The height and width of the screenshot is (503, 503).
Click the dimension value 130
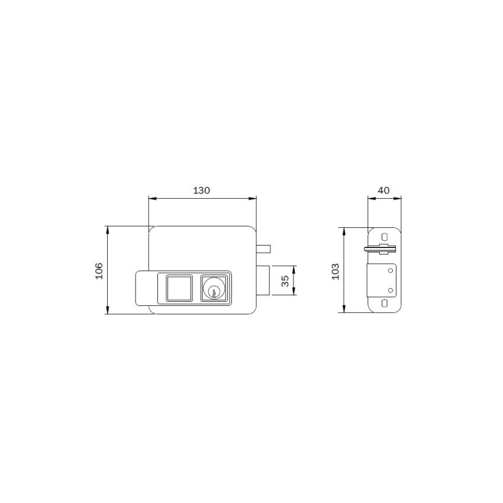tap(201, 191)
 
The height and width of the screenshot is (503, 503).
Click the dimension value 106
tap(99, 271)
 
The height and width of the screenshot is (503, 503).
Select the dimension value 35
tap(285, 280)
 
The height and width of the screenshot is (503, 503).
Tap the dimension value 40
tap(383, 190)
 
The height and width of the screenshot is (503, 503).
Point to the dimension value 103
tap(335, 272)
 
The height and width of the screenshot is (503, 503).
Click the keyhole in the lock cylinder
tap(214, 292)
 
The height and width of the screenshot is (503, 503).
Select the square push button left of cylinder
tap(179, 288)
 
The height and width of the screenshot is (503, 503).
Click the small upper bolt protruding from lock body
tap(263, 249)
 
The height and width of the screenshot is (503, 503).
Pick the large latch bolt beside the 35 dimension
tap(263, 280)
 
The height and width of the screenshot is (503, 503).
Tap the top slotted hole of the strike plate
tap(384, 237)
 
